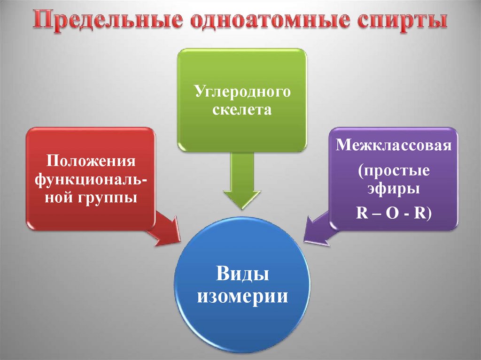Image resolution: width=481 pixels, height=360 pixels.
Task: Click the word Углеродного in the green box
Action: pos(242,92)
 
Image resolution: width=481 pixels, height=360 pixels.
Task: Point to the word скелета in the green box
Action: pos(242,110)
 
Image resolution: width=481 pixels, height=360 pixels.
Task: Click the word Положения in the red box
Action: pos(91,161)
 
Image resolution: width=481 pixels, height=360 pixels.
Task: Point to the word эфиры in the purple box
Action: pos(394,190)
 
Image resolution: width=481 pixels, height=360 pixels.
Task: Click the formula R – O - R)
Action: pos(394,212)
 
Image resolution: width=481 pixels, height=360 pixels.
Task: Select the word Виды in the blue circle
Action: pos(242,274)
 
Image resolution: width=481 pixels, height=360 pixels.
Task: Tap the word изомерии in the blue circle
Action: pos(242,296)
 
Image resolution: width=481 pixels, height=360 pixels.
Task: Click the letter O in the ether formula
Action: pos(394,212)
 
